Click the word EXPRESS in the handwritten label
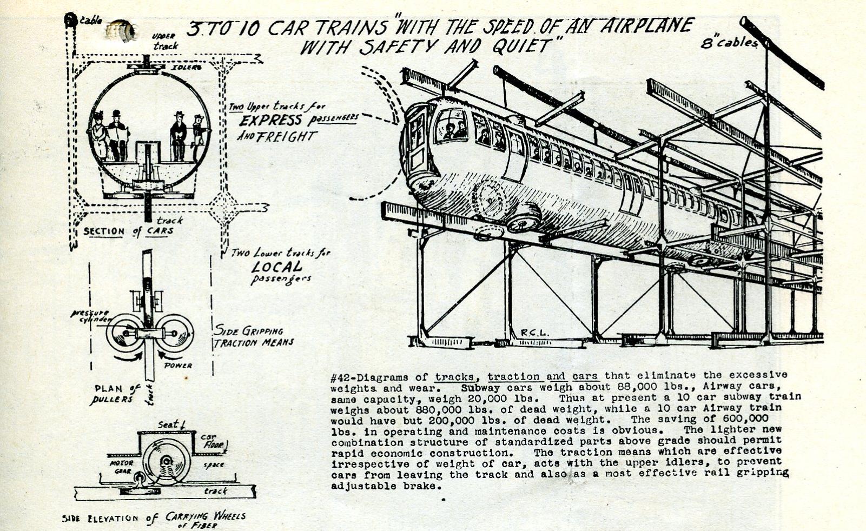coord(271,120)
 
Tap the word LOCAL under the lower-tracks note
coord(277,267)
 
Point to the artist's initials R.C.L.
coord(534,333)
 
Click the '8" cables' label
coord(729,43)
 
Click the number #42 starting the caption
coord(340,377)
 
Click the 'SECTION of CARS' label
coord(129,231)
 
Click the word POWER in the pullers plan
coord(178,366)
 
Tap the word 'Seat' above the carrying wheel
coord(168,424)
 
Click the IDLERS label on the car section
coord(187,68)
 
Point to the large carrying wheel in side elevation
coord(167,461)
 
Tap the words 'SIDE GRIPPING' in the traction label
coord(249,330)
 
